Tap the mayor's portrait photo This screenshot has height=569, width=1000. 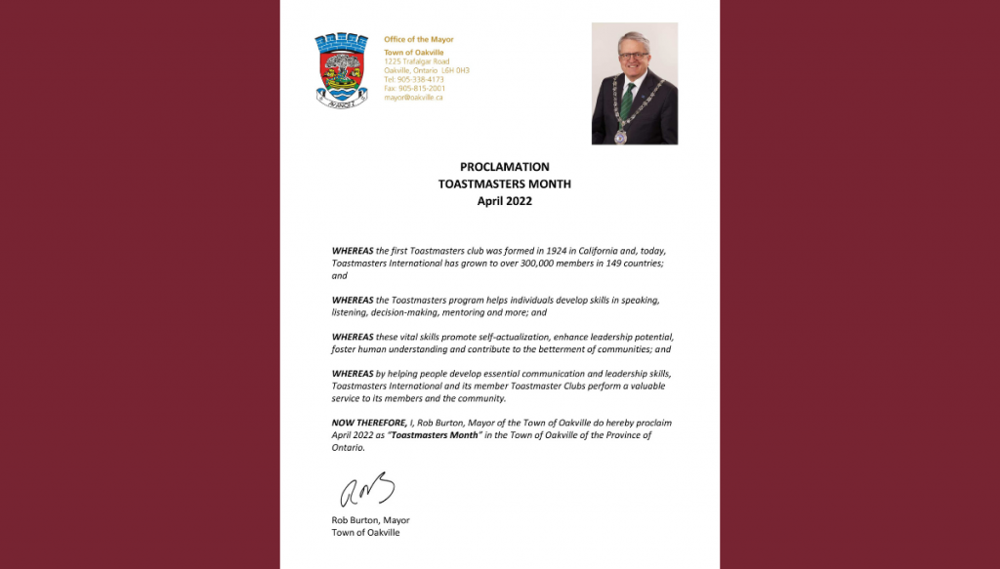point(635,83)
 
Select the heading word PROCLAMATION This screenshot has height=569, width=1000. point(504,167)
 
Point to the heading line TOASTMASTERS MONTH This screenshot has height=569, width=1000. point(504,184)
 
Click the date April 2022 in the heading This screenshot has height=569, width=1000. point(504,201)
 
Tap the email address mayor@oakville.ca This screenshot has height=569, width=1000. point(413,98)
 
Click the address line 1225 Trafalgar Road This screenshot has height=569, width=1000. point(417,61)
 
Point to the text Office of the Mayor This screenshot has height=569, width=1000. point(418,39)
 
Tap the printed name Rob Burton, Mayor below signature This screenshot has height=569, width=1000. point(370,520)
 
